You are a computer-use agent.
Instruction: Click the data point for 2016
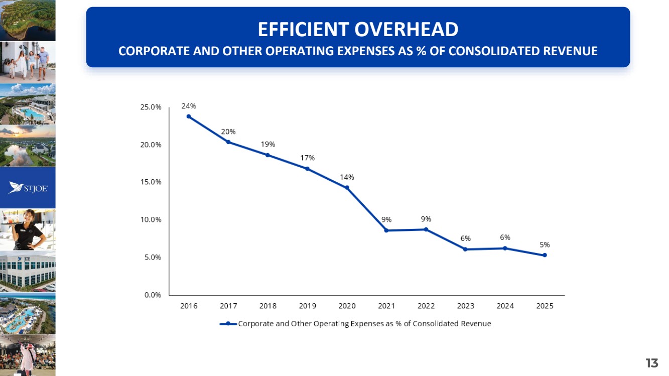click(x=189, y=116)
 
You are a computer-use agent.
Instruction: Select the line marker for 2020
click(x=347, y=188)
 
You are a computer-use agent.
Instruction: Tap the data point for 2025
click(x=545, y=255)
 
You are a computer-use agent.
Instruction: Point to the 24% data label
click(x=189, y=106)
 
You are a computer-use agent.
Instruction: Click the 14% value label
click(x=347, y=177)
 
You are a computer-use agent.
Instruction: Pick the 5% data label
click(x=545, y=245)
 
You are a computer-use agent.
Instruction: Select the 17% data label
click(x=308, y=158)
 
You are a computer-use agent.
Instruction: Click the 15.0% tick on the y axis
click(x=151, y=182)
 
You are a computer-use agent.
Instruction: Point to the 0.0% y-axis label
click(x=153, y=295)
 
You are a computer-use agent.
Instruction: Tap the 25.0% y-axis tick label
click(x=151, y=107)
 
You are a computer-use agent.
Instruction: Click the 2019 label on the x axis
click(x=308, y=306)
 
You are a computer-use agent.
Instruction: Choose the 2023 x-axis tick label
click(x=466, y=306)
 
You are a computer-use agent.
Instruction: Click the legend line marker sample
click(x=228, y=324)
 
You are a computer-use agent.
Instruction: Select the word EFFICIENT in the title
click(x=304, y=29)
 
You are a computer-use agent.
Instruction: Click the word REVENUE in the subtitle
click(x=570, y=51)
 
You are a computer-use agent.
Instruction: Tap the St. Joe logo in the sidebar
click(x=28, y=188)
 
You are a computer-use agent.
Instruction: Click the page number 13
click(x=652, y=363)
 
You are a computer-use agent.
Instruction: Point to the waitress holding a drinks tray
click(x=28, y=229)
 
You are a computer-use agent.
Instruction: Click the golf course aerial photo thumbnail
click(x=28, y=20)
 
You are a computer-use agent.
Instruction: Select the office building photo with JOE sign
click(x=28, y=272)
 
